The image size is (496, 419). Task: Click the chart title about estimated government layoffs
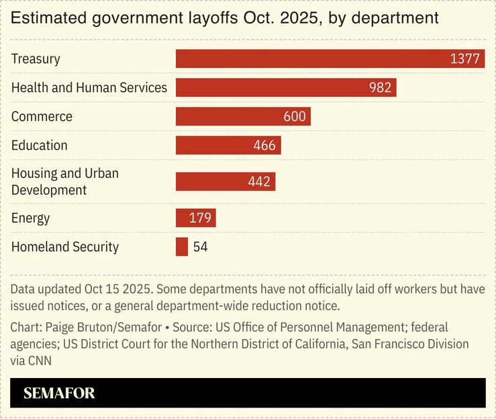pos(224,18)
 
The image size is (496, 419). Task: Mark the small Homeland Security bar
pos(182,247)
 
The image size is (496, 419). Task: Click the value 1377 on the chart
pos(464,59)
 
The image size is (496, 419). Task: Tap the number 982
pos(380,88)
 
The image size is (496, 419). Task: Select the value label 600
pos(294,117)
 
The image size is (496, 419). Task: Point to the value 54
pos(200,247)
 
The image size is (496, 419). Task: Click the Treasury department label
pos(36,58)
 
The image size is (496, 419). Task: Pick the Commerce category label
pos(42,117)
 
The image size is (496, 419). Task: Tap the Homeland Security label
pos(64,247)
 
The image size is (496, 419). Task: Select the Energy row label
pos(30,218)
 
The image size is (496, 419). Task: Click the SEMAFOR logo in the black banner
pos(59,393)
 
